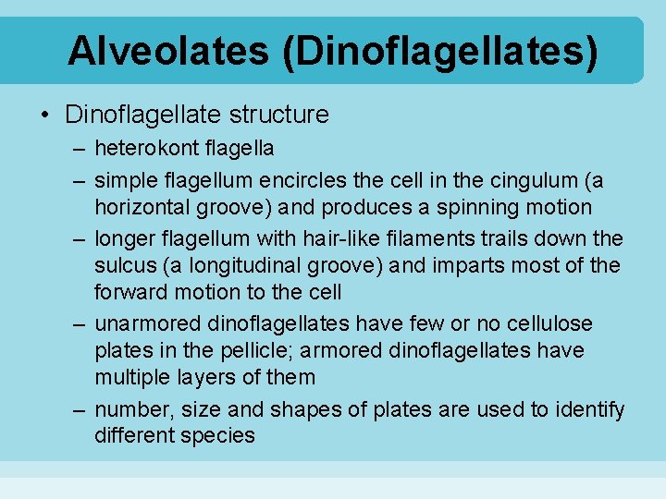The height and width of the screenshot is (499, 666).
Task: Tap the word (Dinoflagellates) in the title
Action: (x=440, y=51)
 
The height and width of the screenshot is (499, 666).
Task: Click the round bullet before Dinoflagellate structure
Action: (x=44, y=116)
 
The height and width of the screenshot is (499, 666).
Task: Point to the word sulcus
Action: (x=124, y=266)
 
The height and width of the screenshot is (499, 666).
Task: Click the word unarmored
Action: (x=148, y=324)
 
